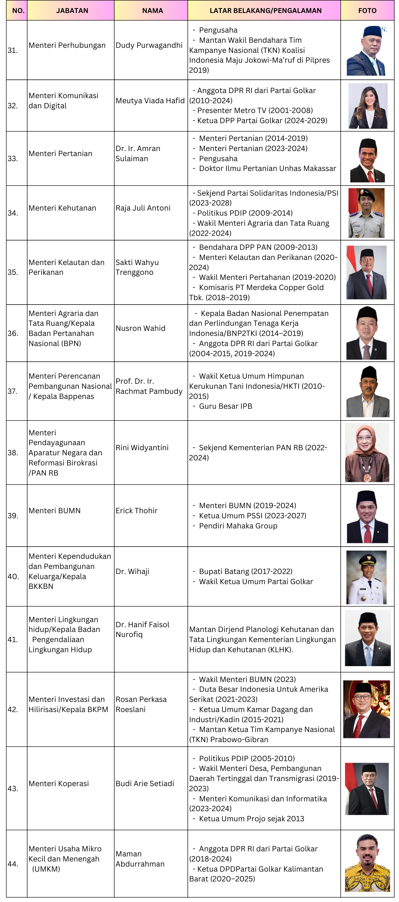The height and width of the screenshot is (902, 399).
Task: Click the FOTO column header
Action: point(367,10)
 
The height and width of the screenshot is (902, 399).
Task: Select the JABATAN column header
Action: point(72,10)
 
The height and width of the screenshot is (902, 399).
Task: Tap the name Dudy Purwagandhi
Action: point(149,45)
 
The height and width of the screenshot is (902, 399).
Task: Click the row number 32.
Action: point(13,106)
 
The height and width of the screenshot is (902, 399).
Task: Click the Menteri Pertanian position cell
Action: point(60,153)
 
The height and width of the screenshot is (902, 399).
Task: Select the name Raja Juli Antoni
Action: point(143,208)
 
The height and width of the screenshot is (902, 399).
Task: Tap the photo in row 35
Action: point(366,272)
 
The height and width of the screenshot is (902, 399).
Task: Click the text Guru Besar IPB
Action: point(225,406)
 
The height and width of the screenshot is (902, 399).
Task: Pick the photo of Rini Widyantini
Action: point(367,452)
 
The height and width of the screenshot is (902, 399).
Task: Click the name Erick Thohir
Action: point(136,511)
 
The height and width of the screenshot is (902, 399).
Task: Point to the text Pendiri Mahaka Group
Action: point(238,526)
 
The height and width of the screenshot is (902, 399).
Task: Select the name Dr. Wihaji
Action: point(132,571)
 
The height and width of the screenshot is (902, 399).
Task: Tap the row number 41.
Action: point(13,640)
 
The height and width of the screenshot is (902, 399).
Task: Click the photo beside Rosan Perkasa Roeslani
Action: point(366,709)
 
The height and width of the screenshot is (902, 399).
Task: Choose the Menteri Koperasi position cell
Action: point(59,783)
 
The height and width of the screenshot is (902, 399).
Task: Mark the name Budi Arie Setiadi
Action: point(145,783)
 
